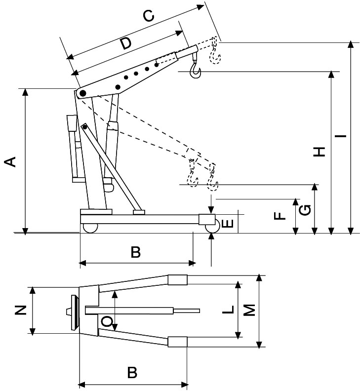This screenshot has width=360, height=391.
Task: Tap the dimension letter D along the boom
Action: (126, 43)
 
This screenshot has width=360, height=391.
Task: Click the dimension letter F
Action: (280, 216)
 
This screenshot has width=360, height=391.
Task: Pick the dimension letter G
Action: (306, 210)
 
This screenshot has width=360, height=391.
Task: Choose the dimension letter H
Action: (321, 152)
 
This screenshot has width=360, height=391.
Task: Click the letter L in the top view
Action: (227, 311)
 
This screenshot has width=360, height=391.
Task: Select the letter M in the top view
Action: (250, 310)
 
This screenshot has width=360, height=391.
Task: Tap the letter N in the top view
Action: (20, 310)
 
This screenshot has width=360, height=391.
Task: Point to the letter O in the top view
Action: (107, 322)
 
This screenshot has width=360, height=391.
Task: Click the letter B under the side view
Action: (135, 253)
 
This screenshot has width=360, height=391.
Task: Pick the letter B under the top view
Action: (132, 372)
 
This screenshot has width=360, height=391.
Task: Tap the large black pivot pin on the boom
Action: (82, 93)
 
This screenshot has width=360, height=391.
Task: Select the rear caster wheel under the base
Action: (90, 228)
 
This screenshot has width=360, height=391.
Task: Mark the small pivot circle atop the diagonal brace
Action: (85, 127)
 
